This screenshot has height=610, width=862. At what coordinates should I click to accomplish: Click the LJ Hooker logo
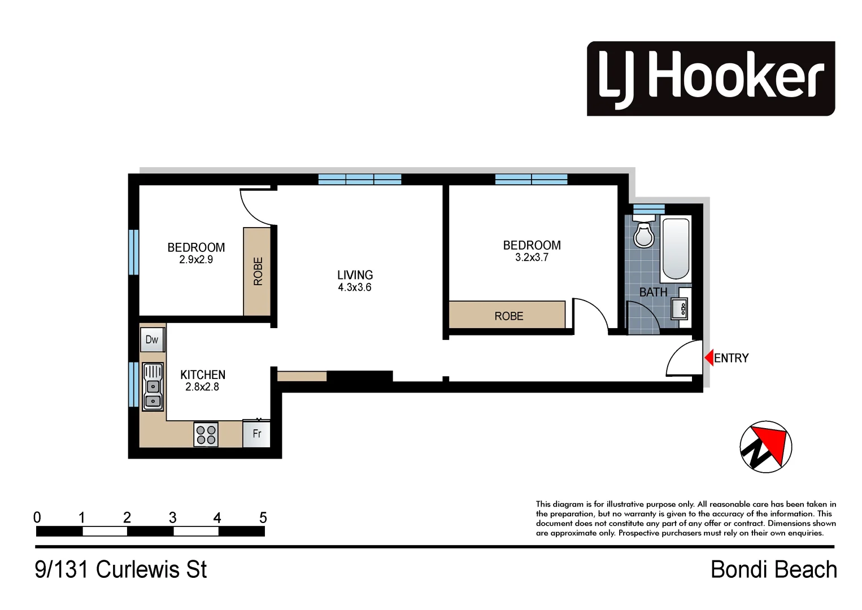coord(711,79)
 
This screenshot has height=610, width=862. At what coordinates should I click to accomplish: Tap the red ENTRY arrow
coord(708,358)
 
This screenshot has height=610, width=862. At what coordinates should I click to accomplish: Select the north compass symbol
coord(766,447)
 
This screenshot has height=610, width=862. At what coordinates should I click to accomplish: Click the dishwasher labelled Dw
coord(152,339)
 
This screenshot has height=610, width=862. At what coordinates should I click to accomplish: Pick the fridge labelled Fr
coord(256,434)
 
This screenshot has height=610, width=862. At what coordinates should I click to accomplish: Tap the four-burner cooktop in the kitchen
coord(206,434)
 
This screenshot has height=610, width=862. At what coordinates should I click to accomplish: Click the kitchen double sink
coord(153,386)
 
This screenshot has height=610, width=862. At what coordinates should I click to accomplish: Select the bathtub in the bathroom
coord(676,249)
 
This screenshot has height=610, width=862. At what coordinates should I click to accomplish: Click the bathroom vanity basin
coord(680,308)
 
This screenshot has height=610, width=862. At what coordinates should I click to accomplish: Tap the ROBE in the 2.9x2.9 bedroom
coord(257,271)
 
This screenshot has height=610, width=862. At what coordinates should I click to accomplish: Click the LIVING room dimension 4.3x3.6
coord(355,287)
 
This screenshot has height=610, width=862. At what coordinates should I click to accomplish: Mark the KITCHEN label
coord(203,374)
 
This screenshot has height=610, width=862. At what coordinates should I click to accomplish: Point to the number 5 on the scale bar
coord(263,517)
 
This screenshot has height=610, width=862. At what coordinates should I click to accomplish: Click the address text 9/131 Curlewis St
coord(121,569)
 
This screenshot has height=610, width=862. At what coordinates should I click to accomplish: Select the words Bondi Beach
coord(773,569)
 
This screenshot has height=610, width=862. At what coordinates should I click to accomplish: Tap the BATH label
coord(653,292)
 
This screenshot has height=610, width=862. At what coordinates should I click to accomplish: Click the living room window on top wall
coord(360,180)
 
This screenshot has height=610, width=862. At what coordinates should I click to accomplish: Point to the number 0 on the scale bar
coord(37,517)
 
